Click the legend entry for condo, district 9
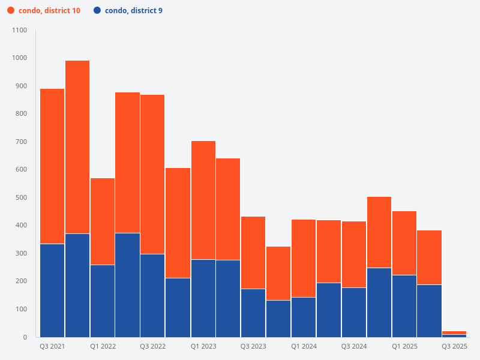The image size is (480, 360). point(133,11)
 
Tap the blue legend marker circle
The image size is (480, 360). point(97,11)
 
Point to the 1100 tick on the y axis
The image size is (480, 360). point(19,30)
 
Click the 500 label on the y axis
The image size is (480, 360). point(21,197)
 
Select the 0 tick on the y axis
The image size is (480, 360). point(25,337)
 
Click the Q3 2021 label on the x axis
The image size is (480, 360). point(52,347)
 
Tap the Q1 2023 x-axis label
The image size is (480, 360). point(203,347)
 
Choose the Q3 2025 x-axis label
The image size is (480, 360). point(454,347)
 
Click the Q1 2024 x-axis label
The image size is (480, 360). point(304,347)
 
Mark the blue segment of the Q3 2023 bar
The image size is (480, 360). point(253,313)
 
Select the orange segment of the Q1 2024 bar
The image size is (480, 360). point(304,258)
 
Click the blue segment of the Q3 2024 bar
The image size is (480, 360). point(354,312)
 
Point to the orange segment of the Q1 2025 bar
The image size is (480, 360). point(404,243)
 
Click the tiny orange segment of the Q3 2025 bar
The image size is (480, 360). point(454,332)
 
